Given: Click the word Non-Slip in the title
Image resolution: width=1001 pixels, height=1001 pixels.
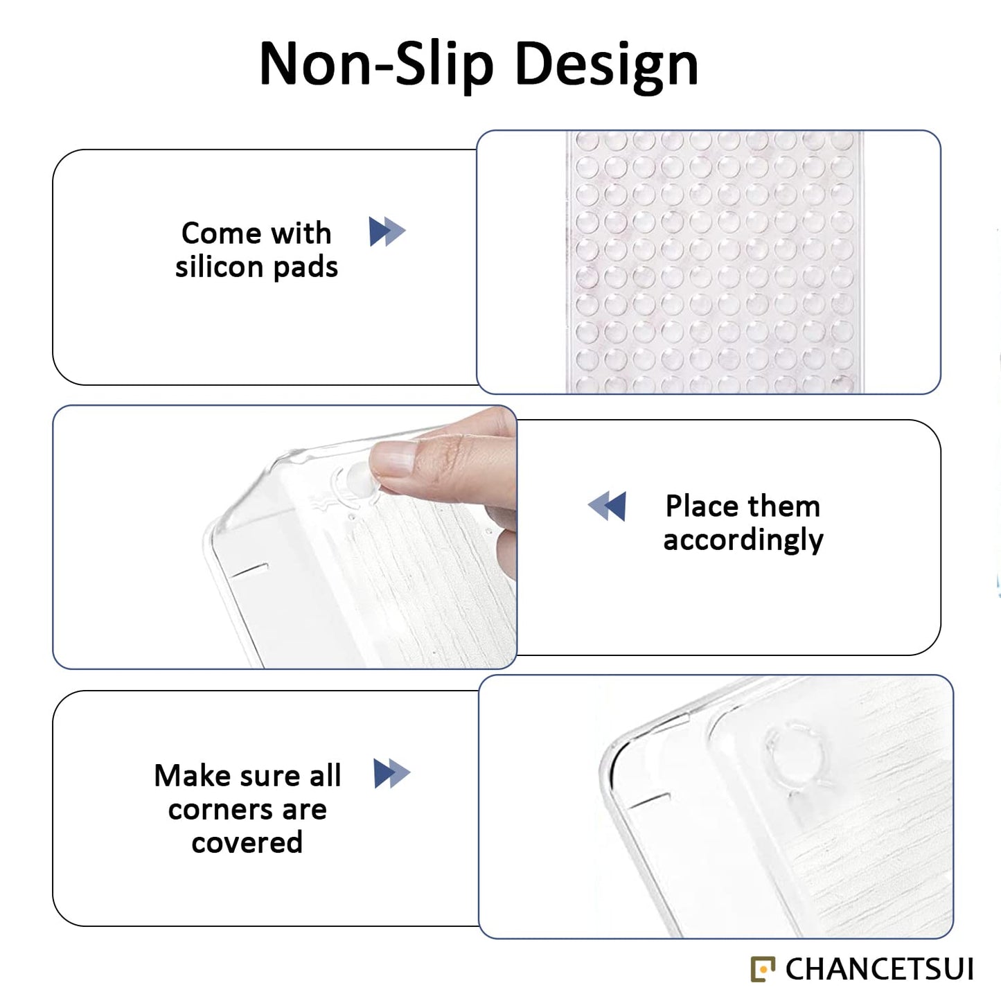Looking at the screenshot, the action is coord(376,65).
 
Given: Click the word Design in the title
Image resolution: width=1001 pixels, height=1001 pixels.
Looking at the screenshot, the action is coord(607,67).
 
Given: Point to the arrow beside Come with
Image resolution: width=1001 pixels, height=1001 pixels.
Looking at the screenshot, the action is coord(387,231).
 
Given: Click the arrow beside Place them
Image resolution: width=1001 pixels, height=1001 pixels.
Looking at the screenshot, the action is coord(607,506).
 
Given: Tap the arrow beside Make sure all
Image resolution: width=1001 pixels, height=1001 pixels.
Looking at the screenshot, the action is coord(391,774).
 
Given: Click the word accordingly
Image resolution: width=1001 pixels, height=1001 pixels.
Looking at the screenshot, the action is coord(743,540).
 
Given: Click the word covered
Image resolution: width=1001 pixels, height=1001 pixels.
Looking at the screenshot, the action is coord(247,842).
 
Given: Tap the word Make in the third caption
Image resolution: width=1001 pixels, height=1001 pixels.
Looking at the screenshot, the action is coord(193,776).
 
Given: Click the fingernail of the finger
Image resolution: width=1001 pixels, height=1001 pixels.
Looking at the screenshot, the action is coord(393,458).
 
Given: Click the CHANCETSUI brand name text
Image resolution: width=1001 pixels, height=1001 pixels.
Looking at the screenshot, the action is coord(879,969).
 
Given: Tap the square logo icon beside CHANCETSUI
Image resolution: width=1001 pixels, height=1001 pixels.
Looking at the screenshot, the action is coord(763,969).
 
